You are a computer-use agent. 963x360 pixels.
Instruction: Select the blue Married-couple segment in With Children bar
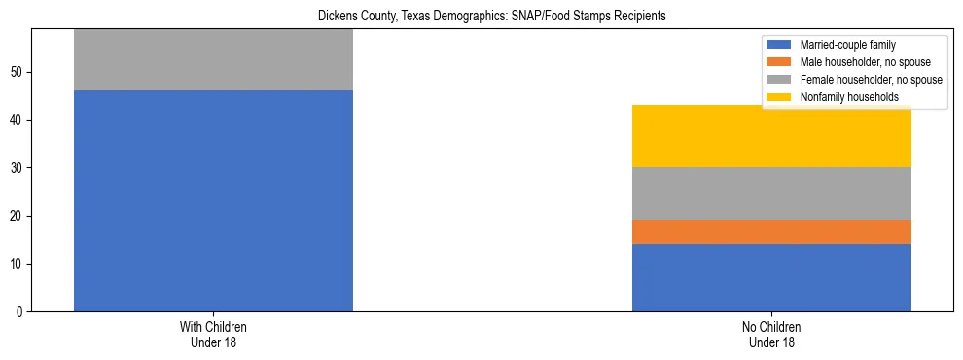tap(213, 200)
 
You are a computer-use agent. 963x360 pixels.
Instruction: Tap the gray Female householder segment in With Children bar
tap(213, 60)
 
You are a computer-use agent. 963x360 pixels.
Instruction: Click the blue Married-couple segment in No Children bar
tap(771, 277)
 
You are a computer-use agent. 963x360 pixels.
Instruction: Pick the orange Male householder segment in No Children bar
tap(771, 232)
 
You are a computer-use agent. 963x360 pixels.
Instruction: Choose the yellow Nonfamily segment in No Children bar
tap(771, 136)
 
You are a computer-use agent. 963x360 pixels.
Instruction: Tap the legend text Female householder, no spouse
tap(871, 80)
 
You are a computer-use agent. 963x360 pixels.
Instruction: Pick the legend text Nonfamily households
tap(848, 97)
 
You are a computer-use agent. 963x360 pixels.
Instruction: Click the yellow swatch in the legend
tap(779, 97)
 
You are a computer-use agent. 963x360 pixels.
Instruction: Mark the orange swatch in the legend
tap(779, 62)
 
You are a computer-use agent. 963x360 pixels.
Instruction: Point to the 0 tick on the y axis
tap(19, 312)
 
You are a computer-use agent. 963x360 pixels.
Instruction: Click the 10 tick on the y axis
tap(17, 265)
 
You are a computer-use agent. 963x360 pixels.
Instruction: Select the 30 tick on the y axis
tap(17, 168)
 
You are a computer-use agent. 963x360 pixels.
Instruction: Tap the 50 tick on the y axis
tap(17, 73)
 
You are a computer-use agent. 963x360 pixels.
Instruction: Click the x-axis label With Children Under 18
tap(213, 335)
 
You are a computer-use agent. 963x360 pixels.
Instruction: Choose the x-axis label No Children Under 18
tap(771, 335)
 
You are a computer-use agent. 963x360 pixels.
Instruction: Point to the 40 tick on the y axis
tap(17, 121)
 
